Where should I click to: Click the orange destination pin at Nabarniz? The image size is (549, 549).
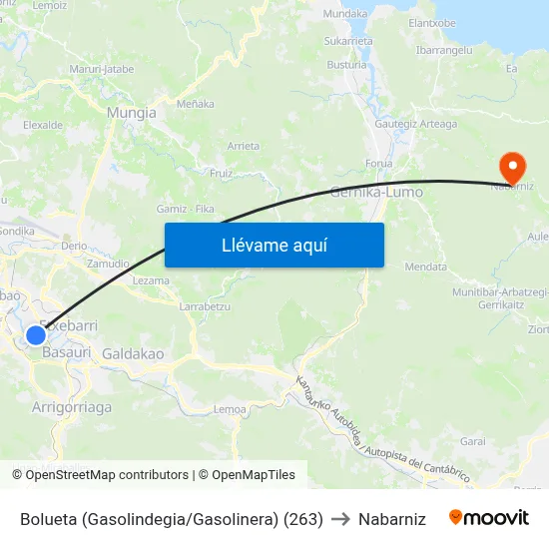tap(512, 165)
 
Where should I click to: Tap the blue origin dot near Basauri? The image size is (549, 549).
tap(36, 334)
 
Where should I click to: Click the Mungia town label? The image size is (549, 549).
tap(132, 113)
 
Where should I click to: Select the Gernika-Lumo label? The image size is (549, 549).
tap(376, 192)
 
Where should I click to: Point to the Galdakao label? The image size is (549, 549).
tap(133, 353)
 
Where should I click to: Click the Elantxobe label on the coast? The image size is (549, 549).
tap(432, 22)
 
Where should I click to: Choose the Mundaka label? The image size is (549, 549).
tap(345, 14)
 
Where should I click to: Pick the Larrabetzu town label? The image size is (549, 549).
tap(205, 306)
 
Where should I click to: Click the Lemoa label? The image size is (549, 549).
tap(231, 409)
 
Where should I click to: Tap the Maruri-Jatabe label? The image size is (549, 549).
tap(102, 69)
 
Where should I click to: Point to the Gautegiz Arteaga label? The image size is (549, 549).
tap(415, 124)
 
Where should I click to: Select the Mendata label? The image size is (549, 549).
tap(425, 267)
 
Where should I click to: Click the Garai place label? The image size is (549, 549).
tap(473, 440)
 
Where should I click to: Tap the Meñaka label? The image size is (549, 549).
tap(195, 103)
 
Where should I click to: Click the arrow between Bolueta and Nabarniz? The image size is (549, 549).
tap(340, 519)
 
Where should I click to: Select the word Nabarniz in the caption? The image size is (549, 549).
tap(391, 519)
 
